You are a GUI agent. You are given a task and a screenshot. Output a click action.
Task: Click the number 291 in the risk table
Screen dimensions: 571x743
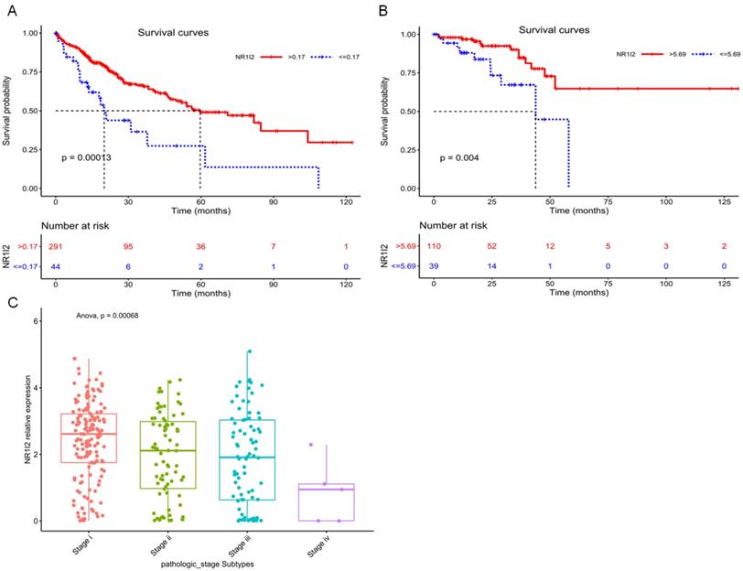tap(56, 245)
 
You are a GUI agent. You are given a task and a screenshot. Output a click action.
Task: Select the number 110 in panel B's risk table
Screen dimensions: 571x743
tap(434, 245)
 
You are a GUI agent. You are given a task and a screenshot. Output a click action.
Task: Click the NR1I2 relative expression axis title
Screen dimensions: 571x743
tap(16, 423)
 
